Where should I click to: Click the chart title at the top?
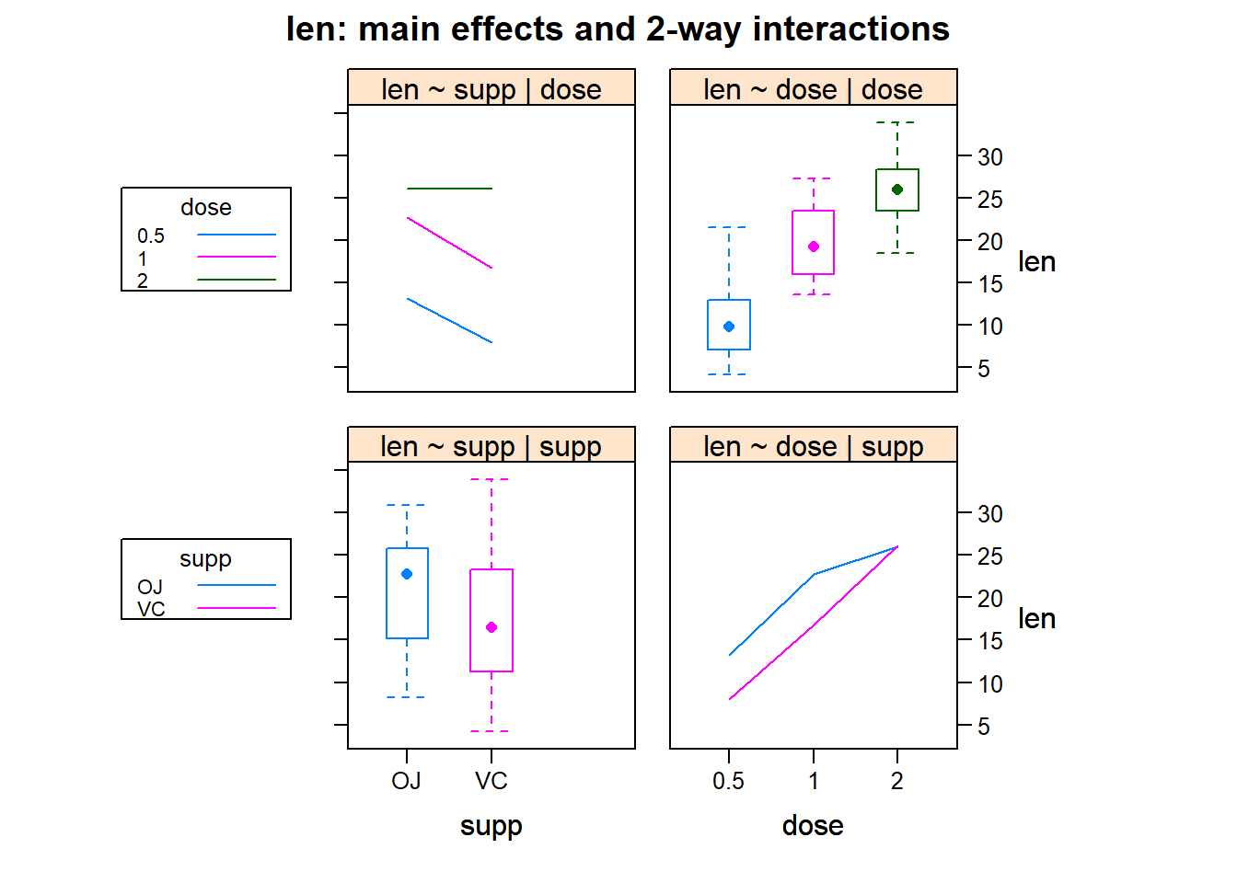click(618, 29)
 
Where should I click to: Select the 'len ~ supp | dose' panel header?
click(491, 89)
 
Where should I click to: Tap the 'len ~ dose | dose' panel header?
click(813, 89)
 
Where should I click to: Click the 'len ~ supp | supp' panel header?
click(491, 446)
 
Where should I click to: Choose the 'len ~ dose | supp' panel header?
click(813, 446)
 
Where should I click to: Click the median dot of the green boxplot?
click(897, 189)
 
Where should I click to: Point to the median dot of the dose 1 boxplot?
click(814, 247)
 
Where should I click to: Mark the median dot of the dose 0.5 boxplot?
click(729, 327)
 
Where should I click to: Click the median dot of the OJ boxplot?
click(407, 574)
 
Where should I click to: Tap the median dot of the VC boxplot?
click(491, 627)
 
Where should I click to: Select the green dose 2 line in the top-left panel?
click(449, 189)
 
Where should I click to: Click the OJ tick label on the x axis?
click(406, 781)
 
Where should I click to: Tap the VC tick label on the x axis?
click(491, 781)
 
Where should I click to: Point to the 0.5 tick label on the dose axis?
click(728, 781)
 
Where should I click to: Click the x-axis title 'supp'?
click(491, 826)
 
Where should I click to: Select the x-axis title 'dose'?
click(813, 826)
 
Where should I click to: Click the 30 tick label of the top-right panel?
click(990, 157)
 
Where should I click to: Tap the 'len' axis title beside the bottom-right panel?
click(1036, 619)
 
